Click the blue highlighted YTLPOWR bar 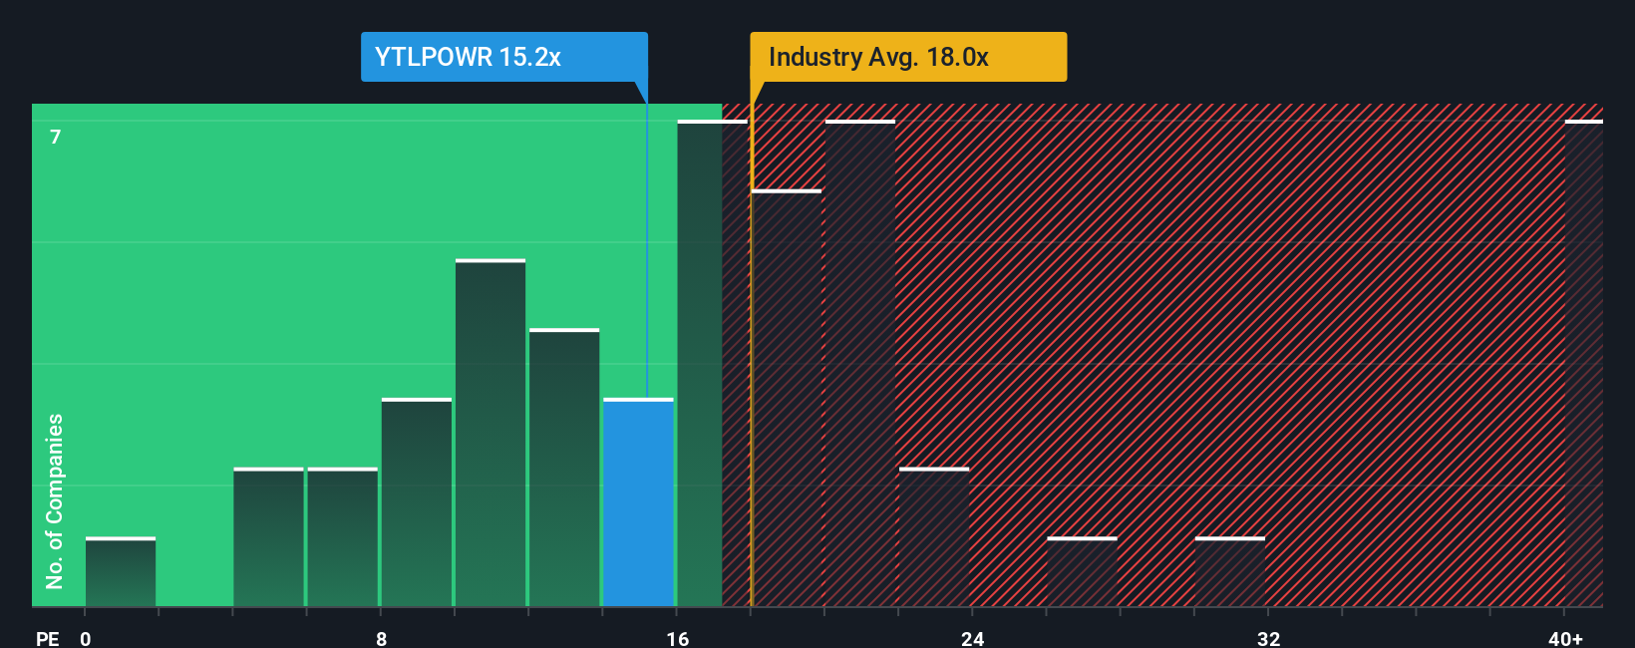point(638,503)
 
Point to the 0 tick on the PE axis point(86,638)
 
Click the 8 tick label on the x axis point(382,638)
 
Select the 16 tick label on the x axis point(678,638)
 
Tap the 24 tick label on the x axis point(973,638)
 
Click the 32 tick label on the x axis point(1268,638)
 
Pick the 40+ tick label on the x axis point(1565,638)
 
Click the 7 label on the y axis point(56,137)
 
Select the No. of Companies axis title point(55,500)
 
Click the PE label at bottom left point(47,638)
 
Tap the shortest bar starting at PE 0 point(121,572)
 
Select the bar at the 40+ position point(1583,364)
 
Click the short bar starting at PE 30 point(1230,572)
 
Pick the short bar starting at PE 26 point(1082,572)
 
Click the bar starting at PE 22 point(934,538)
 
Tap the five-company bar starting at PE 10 point(490,434)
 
